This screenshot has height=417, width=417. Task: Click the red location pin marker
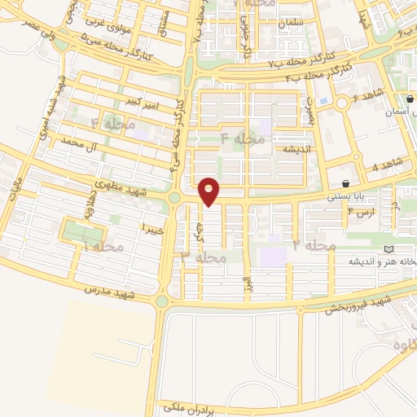coord(210,191)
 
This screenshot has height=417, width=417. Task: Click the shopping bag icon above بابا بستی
coord(347,183)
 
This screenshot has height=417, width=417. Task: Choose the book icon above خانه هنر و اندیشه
coord(387,248)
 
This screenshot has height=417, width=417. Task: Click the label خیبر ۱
coord(152,226)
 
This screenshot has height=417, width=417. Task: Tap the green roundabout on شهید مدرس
coord(161,302)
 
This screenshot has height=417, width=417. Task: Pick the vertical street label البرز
coord(244,288)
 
